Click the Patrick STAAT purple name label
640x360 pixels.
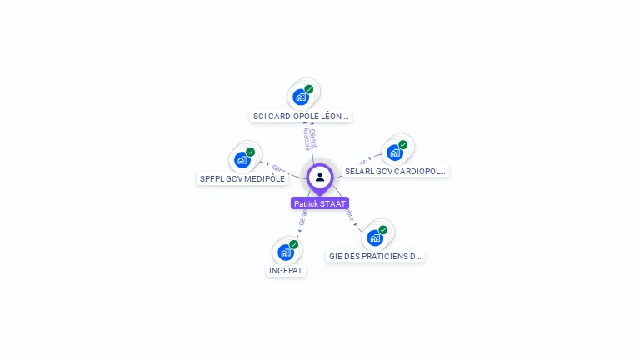click(319, 203)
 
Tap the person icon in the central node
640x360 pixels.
click(320, 177)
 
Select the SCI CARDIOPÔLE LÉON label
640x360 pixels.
click(301, 117)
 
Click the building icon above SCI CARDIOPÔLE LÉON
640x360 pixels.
click(301, 97)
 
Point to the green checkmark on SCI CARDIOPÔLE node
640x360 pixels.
click(309, 89)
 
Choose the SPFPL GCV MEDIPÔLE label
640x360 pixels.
click(242, 178)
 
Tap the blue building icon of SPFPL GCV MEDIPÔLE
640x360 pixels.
click(242, 159)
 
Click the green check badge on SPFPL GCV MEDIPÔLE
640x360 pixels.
click(250, 152)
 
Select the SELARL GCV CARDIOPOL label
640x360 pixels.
click(395, 171)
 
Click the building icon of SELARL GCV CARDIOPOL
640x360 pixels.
click(394, 152)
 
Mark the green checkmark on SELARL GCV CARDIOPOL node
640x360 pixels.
click(402, 145)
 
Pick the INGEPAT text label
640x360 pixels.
click(287, 271)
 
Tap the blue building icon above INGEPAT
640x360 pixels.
click(286, 252)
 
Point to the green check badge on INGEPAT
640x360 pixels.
click(294, 245)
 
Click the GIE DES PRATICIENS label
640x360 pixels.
click(376, 257)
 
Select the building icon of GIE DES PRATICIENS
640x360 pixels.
click(375, 237)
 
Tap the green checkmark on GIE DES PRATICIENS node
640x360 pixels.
click(383, 230)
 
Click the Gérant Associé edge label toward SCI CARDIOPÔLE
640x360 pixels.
click(308, 138)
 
